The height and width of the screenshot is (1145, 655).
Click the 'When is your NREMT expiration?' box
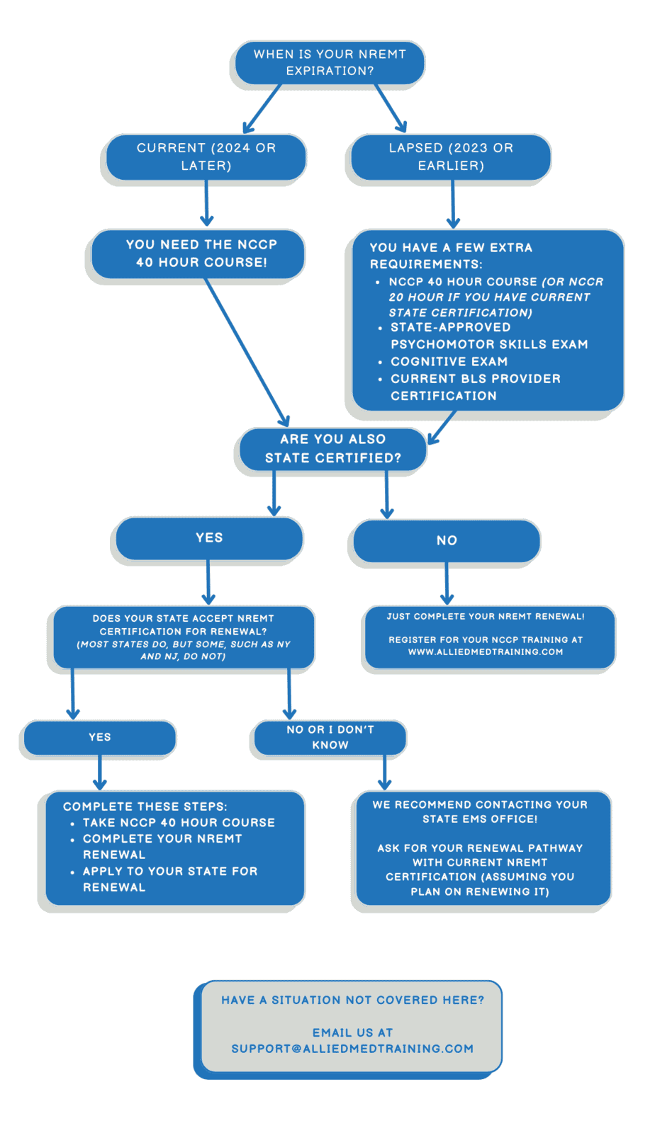coord(330,62)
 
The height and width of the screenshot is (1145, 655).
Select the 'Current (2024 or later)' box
coord(206,156)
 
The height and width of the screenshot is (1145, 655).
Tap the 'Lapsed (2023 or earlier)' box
coord(451,156)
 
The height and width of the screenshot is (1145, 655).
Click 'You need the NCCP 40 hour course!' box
coord(201,254)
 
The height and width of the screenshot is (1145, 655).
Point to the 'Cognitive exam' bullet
coord(449,362)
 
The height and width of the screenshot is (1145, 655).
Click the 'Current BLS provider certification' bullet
coord(475,387)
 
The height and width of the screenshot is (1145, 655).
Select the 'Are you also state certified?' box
coord(332,449)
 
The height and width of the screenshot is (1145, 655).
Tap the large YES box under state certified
coord(209,538)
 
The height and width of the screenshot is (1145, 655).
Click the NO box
coord(447,541)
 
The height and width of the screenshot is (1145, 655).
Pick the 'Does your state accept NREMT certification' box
coord(184,637)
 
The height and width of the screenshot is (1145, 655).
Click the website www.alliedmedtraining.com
coord(486,652)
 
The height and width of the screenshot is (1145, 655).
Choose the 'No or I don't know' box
coord(330,738)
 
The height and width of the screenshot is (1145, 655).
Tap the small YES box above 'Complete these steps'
coord(100,738)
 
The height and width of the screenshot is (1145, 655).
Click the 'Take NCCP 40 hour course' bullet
coord(179,823)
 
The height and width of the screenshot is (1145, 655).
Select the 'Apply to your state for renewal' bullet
coord(169,879)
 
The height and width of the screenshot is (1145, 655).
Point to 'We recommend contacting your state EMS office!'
coord(480,812)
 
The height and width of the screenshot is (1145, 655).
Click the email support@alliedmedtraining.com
coord(352,1049)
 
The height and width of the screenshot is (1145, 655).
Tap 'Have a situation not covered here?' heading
coord(352,1001)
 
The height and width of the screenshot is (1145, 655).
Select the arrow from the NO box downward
coord(447,582)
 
